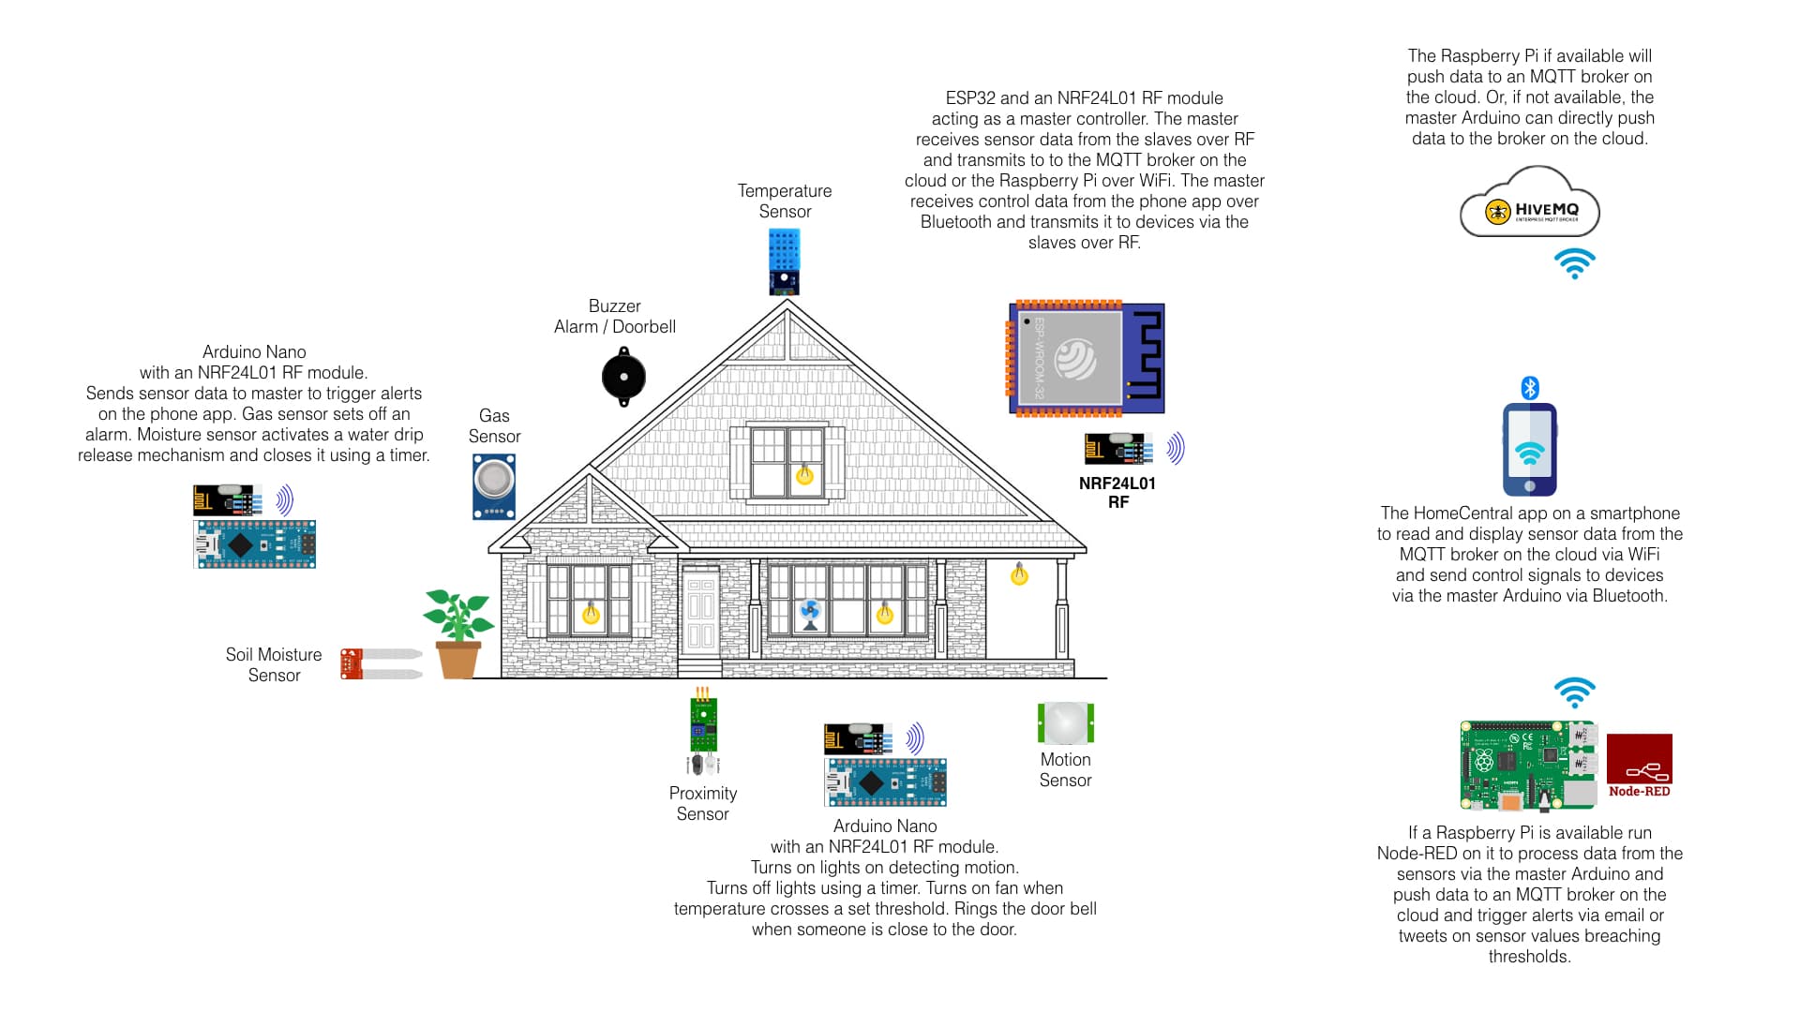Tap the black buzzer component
623,377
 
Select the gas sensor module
494,485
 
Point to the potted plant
457,633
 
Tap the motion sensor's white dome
1066,722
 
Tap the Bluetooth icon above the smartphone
1530,388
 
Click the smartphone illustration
1530,450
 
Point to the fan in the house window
810,615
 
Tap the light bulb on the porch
1020,574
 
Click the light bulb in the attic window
804,474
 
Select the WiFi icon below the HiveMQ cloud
1575,263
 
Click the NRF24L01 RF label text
1117,492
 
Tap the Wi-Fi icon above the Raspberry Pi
1575,693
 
